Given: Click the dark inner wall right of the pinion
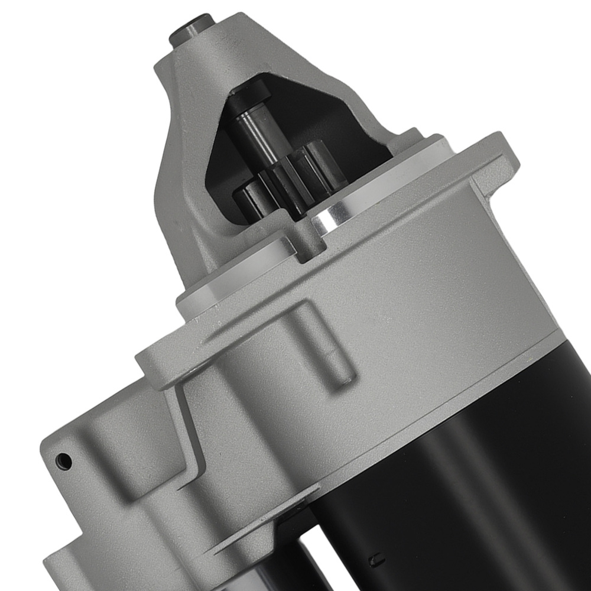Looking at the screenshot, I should [355, 142].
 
